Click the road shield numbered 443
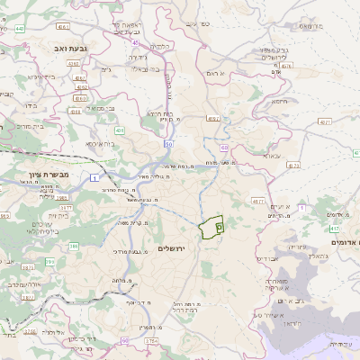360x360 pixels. tap(20, 30)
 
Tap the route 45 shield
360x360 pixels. tap(136, 41)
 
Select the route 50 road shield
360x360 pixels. tap(168, 143)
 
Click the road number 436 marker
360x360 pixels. tap(120, 130)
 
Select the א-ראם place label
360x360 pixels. tap(214, 72)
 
